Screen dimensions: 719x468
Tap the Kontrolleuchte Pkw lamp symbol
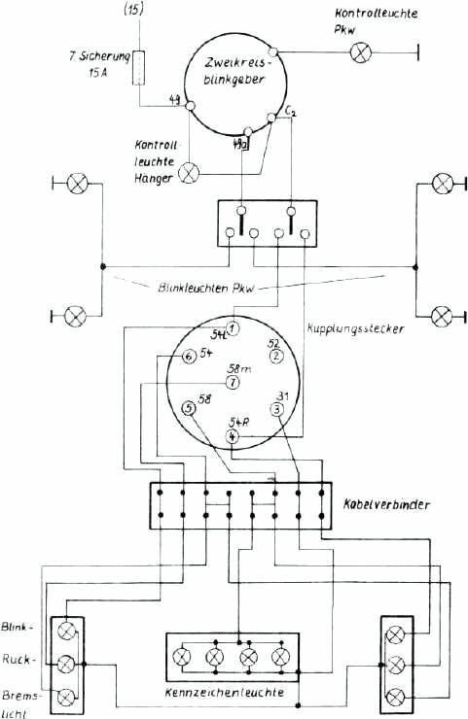(360, 51)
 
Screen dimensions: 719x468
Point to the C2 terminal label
(290, 115)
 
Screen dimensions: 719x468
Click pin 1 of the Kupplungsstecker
(233, 325)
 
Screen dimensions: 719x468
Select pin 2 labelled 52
(276, 356)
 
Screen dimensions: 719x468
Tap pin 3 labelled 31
(277, 409)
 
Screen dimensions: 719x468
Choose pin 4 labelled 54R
(232, 436)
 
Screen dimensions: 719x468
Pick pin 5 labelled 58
(189, 409)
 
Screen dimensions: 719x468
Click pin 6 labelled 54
(189, 357)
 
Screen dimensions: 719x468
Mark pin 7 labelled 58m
(233, 383)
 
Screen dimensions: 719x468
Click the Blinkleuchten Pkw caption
(203, 287)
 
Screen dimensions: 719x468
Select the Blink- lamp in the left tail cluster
(67, 632)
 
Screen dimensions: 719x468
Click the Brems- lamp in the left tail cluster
(67, 697)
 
